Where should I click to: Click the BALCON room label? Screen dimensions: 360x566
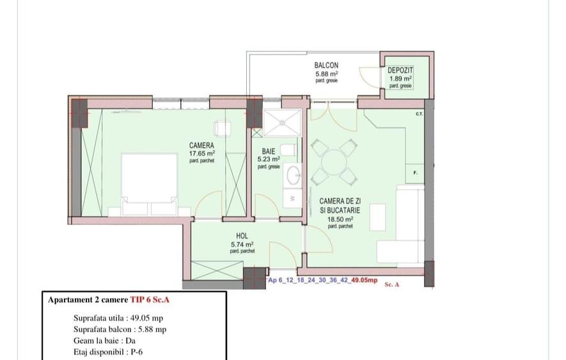pos(326,65)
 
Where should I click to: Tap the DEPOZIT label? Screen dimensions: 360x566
pos(400,70)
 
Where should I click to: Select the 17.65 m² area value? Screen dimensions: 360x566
pos(201,153)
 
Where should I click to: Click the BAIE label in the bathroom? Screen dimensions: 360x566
pos(268,152)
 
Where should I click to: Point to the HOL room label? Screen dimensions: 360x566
pos(242,236)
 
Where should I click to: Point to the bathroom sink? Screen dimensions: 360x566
pos(294,175)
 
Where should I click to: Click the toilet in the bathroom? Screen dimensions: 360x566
pos(288,150)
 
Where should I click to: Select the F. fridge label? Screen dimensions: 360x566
pos(416,173)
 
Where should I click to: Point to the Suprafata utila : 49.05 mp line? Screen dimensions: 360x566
pos(120,317)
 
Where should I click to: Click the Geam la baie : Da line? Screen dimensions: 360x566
pos(106,340)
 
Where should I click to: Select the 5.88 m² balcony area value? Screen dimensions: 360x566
pos(326,74)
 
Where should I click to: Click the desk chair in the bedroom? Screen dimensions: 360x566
pos(223,129)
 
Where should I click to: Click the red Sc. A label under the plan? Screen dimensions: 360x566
pos(392,285)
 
